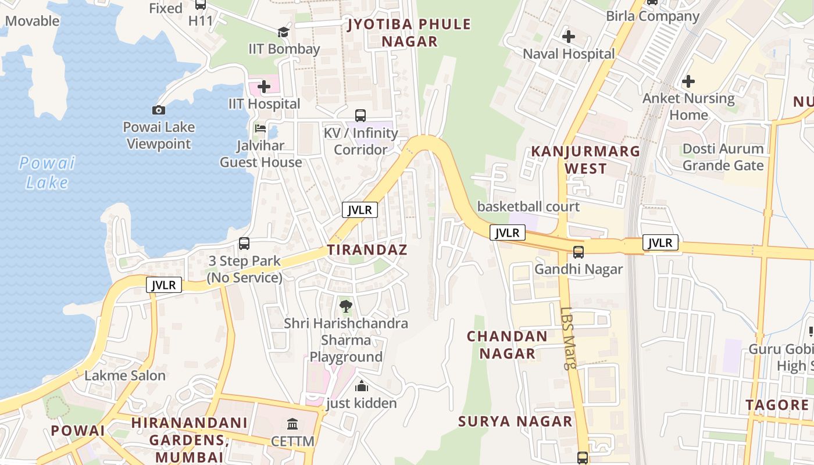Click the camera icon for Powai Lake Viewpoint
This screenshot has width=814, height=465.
158,110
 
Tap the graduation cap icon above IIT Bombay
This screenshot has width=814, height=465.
283,32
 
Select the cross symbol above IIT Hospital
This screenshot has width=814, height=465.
264,87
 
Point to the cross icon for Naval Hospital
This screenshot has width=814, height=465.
568,37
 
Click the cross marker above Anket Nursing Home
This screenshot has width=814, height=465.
688,81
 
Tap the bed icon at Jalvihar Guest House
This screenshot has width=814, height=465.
260,128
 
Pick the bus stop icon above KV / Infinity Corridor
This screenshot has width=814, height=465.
360,116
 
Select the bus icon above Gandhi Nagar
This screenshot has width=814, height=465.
579,252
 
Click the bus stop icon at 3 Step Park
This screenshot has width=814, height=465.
244,244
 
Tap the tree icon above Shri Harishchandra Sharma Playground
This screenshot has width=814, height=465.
346,306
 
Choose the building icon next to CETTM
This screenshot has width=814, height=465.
293,424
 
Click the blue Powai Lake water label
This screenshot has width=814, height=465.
47,173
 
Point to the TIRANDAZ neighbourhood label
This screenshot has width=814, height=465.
367,250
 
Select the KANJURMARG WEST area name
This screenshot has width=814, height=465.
585,160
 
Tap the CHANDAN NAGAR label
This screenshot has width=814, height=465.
507,345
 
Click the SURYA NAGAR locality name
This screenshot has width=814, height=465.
515,421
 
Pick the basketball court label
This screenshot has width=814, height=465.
528,206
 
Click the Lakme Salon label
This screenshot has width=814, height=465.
125,375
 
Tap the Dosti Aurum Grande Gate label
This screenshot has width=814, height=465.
723,157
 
